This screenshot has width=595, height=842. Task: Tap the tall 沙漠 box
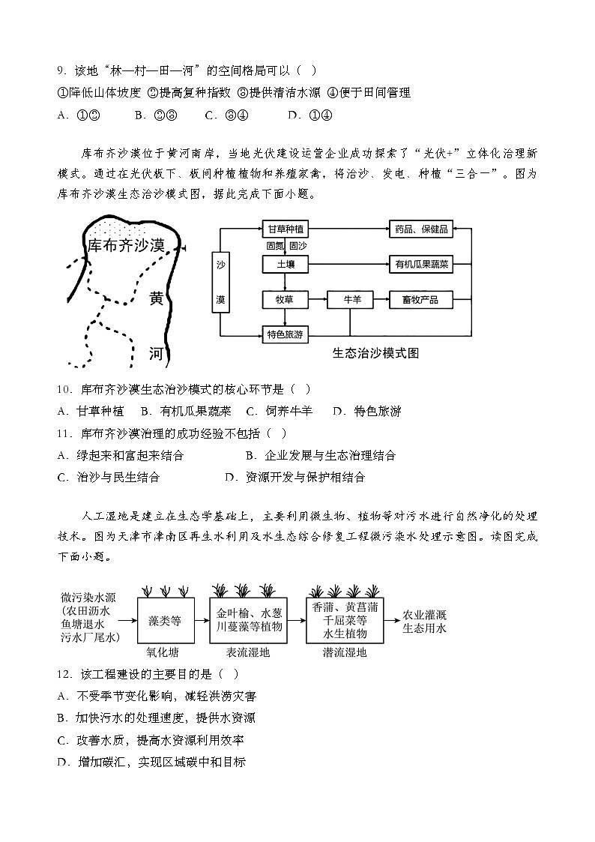point(221,283)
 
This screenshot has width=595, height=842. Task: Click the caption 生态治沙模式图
point(375,352)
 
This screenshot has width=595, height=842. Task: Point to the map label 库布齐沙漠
point(125,245)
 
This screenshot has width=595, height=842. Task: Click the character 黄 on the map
point(156,298)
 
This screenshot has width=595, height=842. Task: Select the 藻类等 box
point(165,621)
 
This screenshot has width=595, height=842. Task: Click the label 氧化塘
point(161,652)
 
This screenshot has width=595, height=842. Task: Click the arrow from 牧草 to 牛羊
point(317,300)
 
